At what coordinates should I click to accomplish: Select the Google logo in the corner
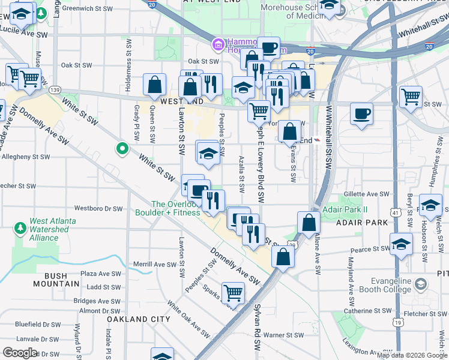[x=20, y=353]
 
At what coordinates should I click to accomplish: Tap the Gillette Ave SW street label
[x=367, y=194]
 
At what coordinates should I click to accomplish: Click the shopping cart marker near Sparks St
[x=233, y=293]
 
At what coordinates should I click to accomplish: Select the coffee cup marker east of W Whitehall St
[x=362, y=114]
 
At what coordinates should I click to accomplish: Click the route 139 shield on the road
[x=55, y=89]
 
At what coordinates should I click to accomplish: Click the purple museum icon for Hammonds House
[x=217, y=44]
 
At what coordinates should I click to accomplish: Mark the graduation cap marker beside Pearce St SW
[x=401, y=244]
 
